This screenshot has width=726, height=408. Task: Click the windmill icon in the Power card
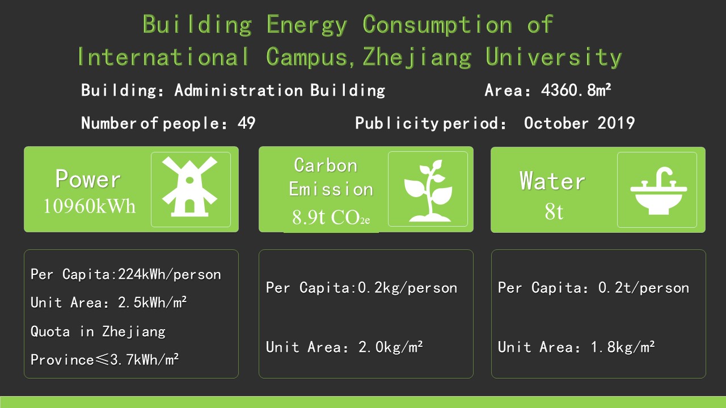(190, 187)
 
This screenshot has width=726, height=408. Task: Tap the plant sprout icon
(428, 190)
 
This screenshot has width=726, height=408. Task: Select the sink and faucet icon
(659, 191)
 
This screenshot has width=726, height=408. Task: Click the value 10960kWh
(89, 206)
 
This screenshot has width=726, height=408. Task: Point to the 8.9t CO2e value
(331, 217)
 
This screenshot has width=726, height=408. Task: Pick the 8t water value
(554, 212)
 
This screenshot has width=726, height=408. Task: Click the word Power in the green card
(88, 178)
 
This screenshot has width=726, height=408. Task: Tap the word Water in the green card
(552, 180)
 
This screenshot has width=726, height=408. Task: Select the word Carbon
(326, 165)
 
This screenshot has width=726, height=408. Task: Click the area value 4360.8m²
(576, 90)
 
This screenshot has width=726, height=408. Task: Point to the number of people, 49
(246, 123)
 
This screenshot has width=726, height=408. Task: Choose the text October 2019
(579, 123)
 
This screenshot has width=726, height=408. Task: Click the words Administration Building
(280, 90)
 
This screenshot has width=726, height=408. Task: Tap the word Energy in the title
(307, 24)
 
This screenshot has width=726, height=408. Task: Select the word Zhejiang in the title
(417, 57)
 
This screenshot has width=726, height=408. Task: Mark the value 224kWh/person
(170, 274)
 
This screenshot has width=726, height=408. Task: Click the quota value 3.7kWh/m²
(145, 360)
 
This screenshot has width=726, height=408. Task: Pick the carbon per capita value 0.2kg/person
(407, 288)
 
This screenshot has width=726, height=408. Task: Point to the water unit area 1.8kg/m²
(623, 347)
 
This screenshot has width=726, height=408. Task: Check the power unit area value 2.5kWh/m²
(153, 303)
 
